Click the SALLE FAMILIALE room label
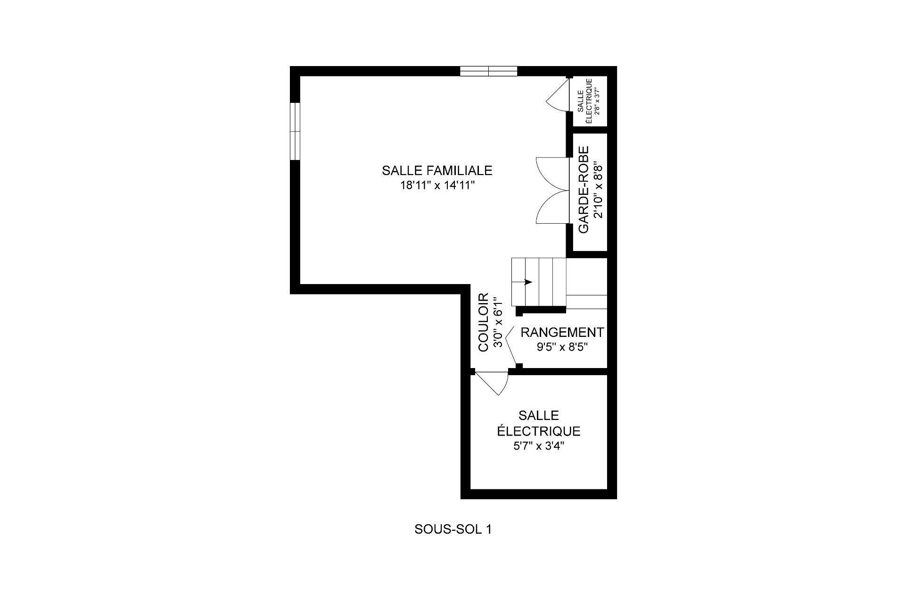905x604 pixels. pos(437,170)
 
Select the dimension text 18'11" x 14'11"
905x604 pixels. pos(437,185)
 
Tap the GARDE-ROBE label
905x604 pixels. pos(584,189)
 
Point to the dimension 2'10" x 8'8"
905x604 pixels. pos(598,189)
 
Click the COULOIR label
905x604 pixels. pos(484,322)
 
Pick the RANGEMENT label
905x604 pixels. pos(562,332)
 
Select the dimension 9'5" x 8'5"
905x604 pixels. pos(562,348)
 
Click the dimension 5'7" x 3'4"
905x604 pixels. pos(538,446)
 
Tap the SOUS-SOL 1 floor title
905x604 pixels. pos(453,529)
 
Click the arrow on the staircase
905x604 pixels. pos(528,282)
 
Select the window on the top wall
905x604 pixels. pos(488,71)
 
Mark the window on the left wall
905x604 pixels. pos(295,131)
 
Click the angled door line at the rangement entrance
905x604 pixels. pos(511,348)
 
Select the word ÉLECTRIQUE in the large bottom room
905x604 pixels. pos(538,431)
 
